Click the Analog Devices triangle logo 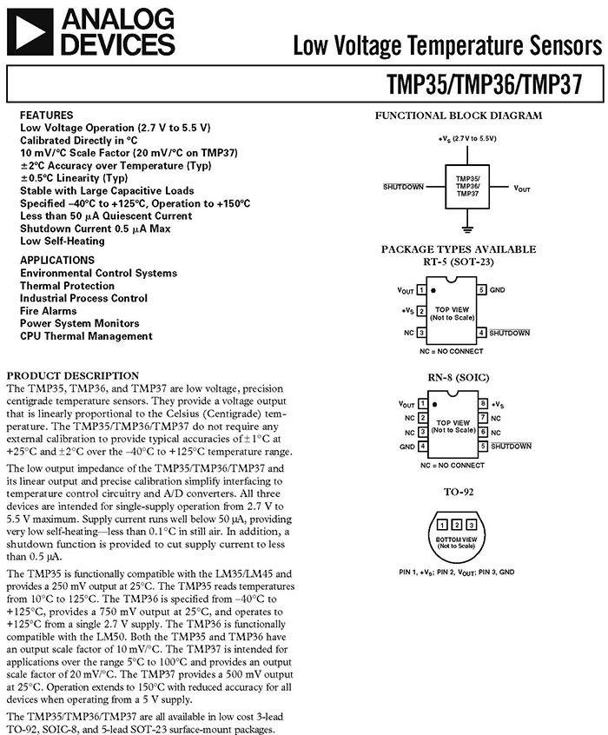[x=30, y=32]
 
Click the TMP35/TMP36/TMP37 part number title [x=485, y=84]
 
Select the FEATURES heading [x=46, y=116]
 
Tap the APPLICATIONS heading [x=57, y=260]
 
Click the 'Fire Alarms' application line [x=49, y=311]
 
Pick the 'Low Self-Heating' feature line [x=63, y=241]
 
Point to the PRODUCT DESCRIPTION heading [x=73, y=375]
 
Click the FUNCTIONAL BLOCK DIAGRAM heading [x=459, y=116]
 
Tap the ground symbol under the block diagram [x=467, y=229]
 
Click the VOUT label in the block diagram [x=522, y=189]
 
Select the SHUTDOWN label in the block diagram [x=403, y=187]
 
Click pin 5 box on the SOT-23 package [x=481, y=289]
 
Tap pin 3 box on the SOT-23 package [x=421, y=333]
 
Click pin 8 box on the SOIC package [x=483, y=404]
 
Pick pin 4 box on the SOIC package [x=422, y=447]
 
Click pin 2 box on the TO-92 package [x=457, y=525]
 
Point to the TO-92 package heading [x=459, y=492]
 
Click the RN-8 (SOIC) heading [x=458, y=378]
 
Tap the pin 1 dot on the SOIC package [x=435, y=405]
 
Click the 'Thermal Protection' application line [x=67, y=286]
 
